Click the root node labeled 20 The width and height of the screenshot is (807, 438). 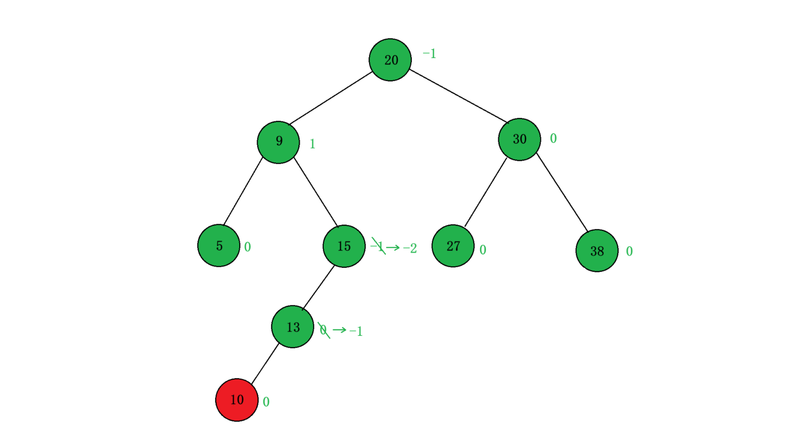[x=390, y=60]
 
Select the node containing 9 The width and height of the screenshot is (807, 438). [x=278, y=142]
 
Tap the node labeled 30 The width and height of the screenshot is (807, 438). [x=519, y=140]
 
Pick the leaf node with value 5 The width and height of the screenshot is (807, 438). [x=219, y=246]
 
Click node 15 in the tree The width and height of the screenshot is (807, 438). [x=344, y=246]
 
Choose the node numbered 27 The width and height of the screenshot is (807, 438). [x=453, y=246]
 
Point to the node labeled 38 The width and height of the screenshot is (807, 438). [x=597, y=251]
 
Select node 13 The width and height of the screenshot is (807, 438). [x=293, y=327]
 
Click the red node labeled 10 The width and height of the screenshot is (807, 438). [x=237, y=400]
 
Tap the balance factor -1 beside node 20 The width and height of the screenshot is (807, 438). [x=429, y=54]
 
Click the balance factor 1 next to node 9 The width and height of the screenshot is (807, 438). [x=312, y=144]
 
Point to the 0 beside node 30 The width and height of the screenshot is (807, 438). [x=553, y=139]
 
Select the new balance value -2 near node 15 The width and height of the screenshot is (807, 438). [x=410, y=248]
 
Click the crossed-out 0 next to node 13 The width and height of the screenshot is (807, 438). [x=323, y=330]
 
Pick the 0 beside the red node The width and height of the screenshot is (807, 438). [x=266, y=402]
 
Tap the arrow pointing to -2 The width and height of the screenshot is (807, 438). [x=393, y=248]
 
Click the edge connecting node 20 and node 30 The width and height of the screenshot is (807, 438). [x=458, y=96]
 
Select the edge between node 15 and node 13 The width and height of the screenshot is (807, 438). [x=318, y=288]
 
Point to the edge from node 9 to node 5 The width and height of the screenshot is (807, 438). [x=243, y=191]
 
